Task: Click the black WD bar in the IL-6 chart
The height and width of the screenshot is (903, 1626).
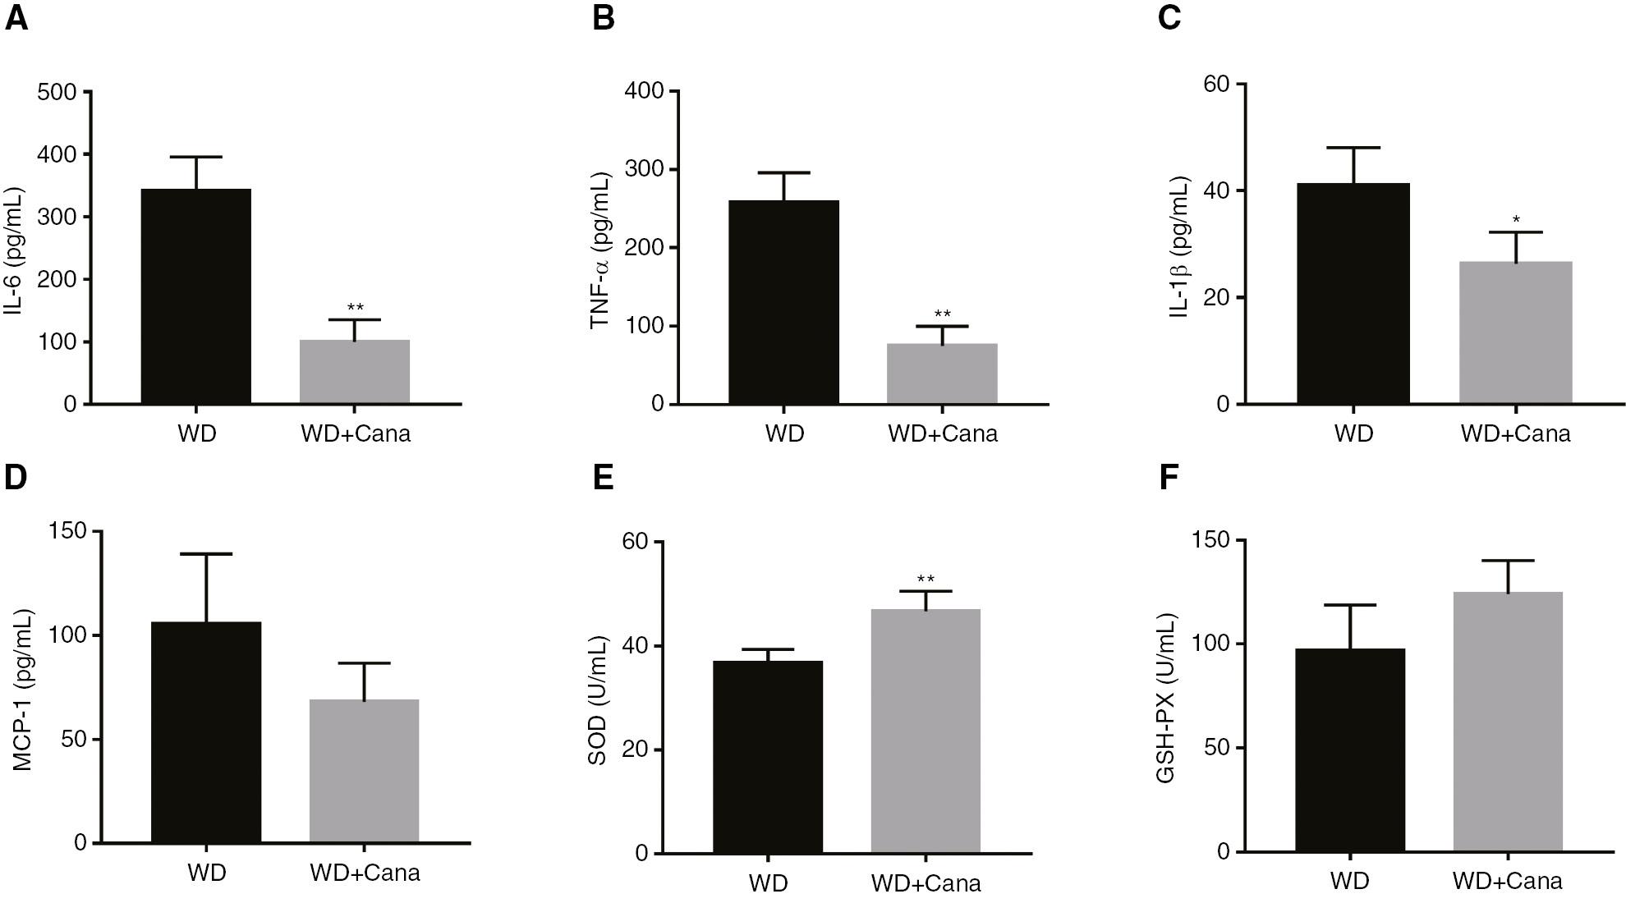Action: pyautogui.click(x=196, y=296)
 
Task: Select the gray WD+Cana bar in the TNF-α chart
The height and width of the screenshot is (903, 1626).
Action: pyautogui.click(x=942, y=374)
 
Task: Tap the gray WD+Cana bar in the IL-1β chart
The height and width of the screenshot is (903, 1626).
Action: pyautogui.click(x=1515, y=332)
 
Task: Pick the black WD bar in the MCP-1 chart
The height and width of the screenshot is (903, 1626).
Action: pyautogui.click(x=206, y=731)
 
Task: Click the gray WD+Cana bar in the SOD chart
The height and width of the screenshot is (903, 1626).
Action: pyautogui.click(x=926, y=731)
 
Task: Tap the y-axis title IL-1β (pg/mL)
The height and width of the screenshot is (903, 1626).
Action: pyautogui.click(x=1180, y=246)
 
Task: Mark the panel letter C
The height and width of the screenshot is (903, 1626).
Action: pyautogui.click(x=1169, y=17)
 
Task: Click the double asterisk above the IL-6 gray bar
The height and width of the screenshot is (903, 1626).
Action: pyautogui.click(x=355, y=308)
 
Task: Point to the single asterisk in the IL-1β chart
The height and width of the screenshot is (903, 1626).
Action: pyautogui.click(x=1516, y=220)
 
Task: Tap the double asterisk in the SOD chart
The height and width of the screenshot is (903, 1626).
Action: pyautogui.click(x=926, y=580)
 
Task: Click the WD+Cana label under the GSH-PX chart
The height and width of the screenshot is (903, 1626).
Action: pyautogui.click(x=1507, y=882)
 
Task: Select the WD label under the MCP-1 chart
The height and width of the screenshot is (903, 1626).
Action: pyautogui.click(x=206, y=872)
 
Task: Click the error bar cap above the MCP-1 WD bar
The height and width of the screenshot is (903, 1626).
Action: pyautogui.click(x=206, y=554)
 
